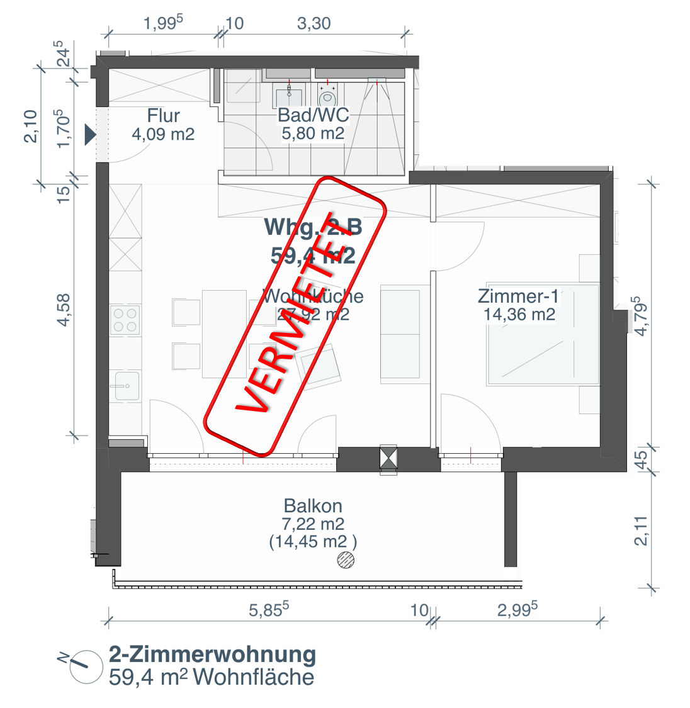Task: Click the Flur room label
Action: (x=163, y=116)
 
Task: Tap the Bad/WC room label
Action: (x=313, y=115)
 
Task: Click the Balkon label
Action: (x=313, y=506)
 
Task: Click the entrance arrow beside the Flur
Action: (x=90, y=135)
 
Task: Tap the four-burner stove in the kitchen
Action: (x=125, y=320)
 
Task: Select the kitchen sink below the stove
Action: (x=126, y=385)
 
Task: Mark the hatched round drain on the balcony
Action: (x=346, y=559)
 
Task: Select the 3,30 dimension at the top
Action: (x=314, y=24)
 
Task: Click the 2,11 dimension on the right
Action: (x=641, y=531)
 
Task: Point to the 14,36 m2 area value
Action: (x=519, y=315)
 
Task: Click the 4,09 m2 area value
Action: (x=163, y=134)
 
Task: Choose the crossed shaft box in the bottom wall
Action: (x=388, y=458)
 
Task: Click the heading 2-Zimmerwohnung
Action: (x=212, y=655)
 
